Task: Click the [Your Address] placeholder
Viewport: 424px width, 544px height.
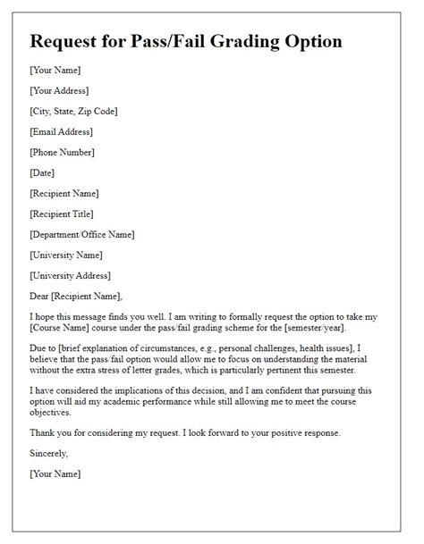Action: [59, 90]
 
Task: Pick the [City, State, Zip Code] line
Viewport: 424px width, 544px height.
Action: [73, 111]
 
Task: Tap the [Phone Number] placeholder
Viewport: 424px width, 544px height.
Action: [62, 152]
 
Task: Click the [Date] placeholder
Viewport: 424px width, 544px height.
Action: [42, 172]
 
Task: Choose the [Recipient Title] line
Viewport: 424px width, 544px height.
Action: [61, 213]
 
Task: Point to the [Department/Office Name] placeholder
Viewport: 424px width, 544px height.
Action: [82, 234]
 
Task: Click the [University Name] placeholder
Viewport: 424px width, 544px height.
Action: [65, 255]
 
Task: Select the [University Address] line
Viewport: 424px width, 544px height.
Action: [69, 275]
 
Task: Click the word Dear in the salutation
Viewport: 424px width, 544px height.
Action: [40, 296]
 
